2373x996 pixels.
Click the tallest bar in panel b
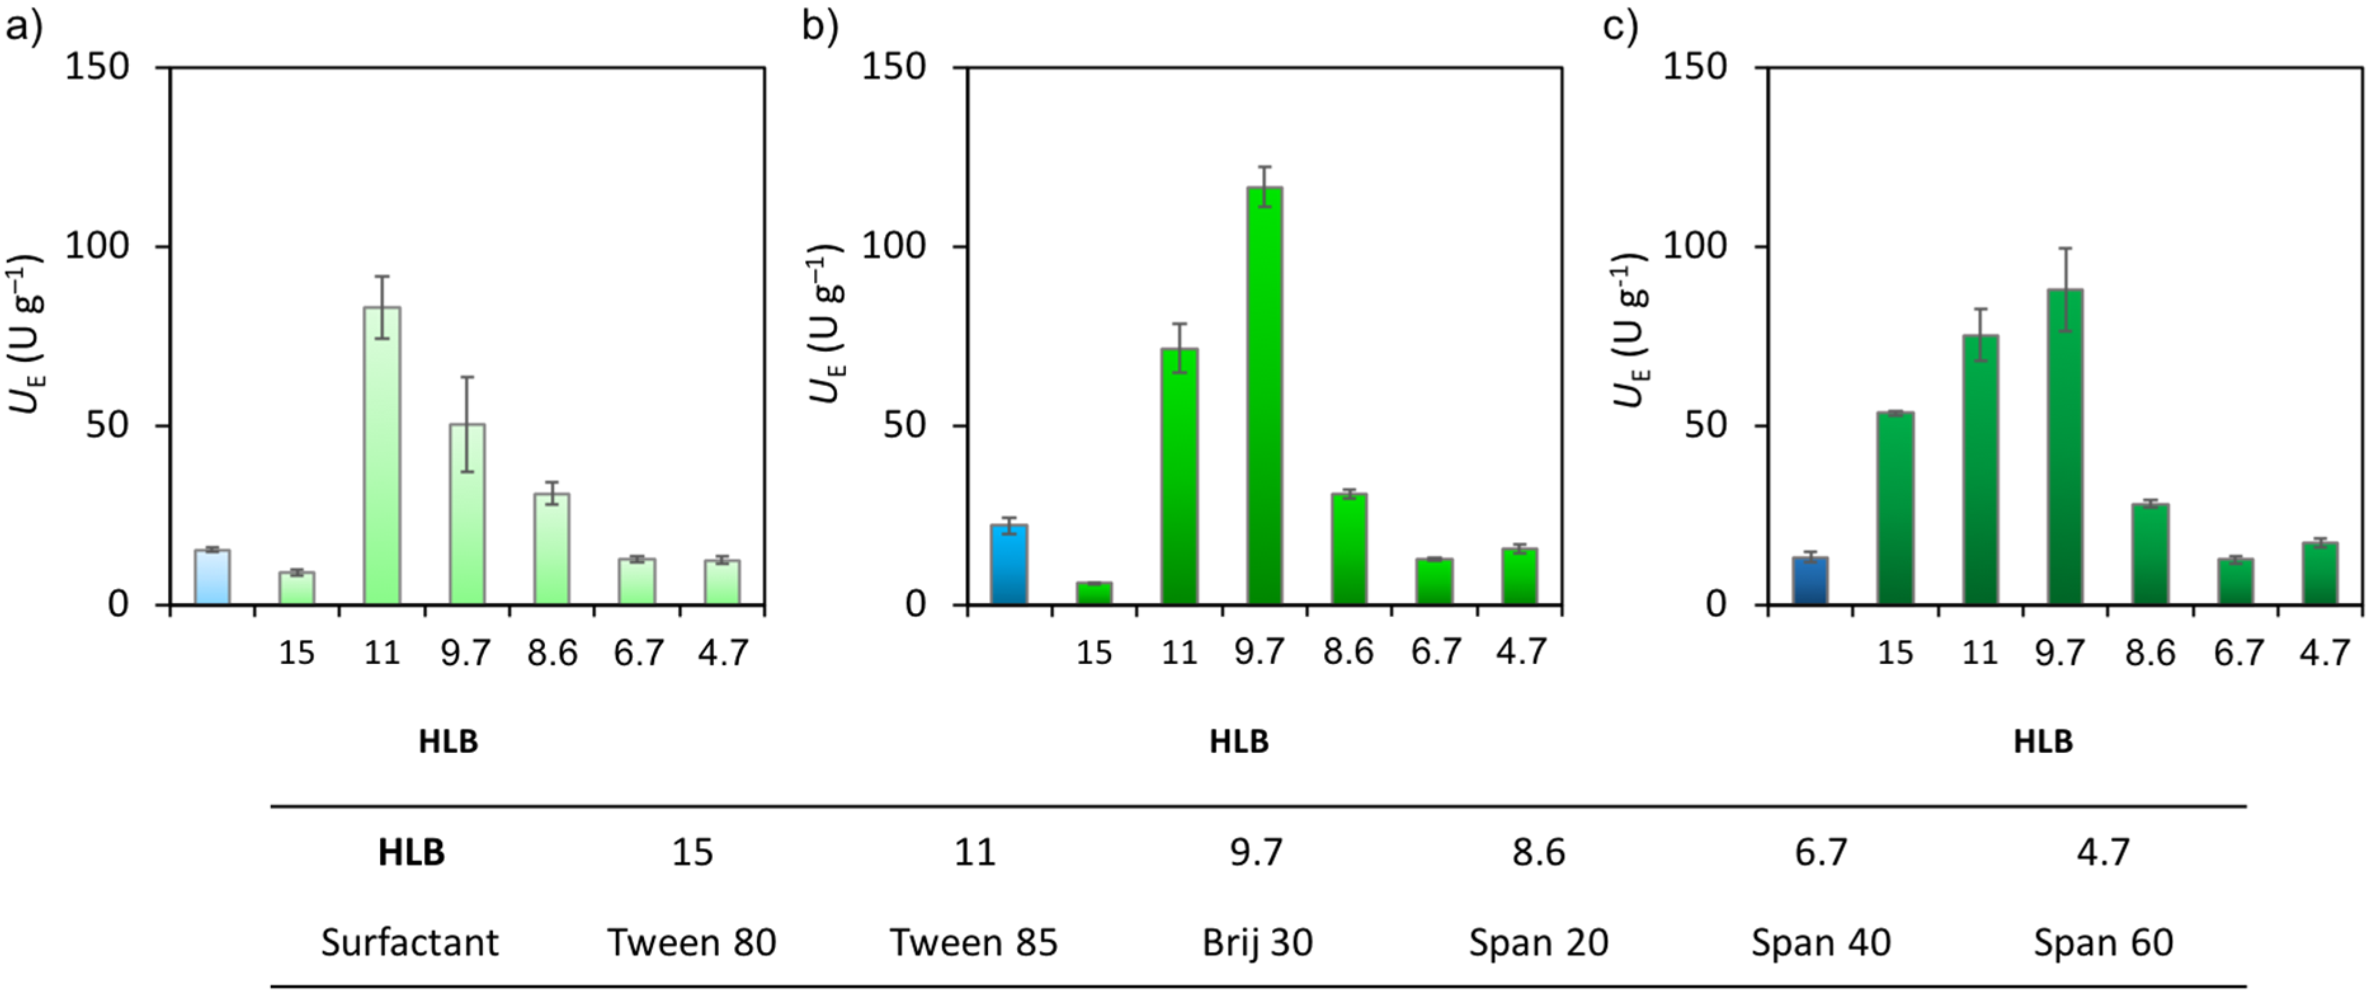[x=1264, y=396]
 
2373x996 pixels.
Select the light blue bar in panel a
[x=212, y=578]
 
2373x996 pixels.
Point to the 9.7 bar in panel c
[x=2065, y=447]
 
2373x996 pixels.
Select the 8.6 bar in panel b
[x=1349, y=549]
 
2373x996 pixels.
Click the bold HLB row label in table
[x=411, y=853]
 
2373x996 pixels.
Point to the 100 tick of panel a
[x=96, y=246]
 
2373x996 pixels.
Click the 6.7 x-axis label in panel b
[x=1435, y=653]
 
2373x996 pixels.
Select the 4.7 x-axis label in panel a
[x=722, y=653]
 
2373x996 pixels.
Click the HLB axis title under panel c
[x=2042, y=741]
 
